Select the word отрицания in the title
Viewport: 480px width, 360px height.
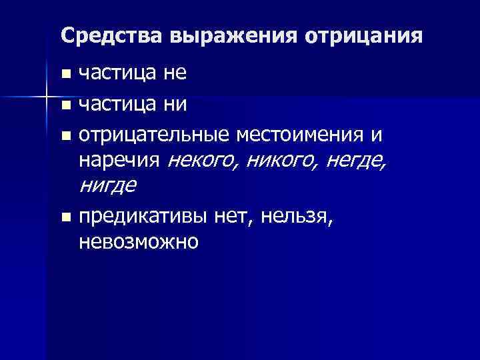363,35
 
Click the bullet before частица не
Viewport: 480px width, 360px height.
64,74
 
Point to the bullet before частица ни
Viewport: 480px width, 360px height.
64,106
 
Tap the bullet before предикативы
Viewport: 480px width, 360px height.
64,217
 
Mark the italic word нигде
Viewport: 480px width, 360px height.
107,185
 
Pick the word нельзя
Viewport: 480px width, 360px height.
297,216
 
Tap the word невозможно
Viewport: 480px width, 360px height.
138,241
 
